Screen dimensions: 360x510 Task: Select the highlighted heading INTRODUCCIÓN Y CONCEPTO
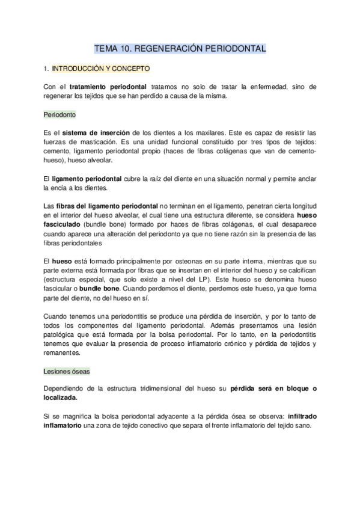[x=101, y=69]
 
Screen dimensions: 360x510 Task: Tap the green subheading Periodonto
[x=59, y=114]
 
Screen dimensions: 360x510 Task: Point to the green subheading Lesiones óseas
[x=67, y=370]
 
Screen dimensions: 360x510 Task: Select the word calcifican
[x=299, y=271]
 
